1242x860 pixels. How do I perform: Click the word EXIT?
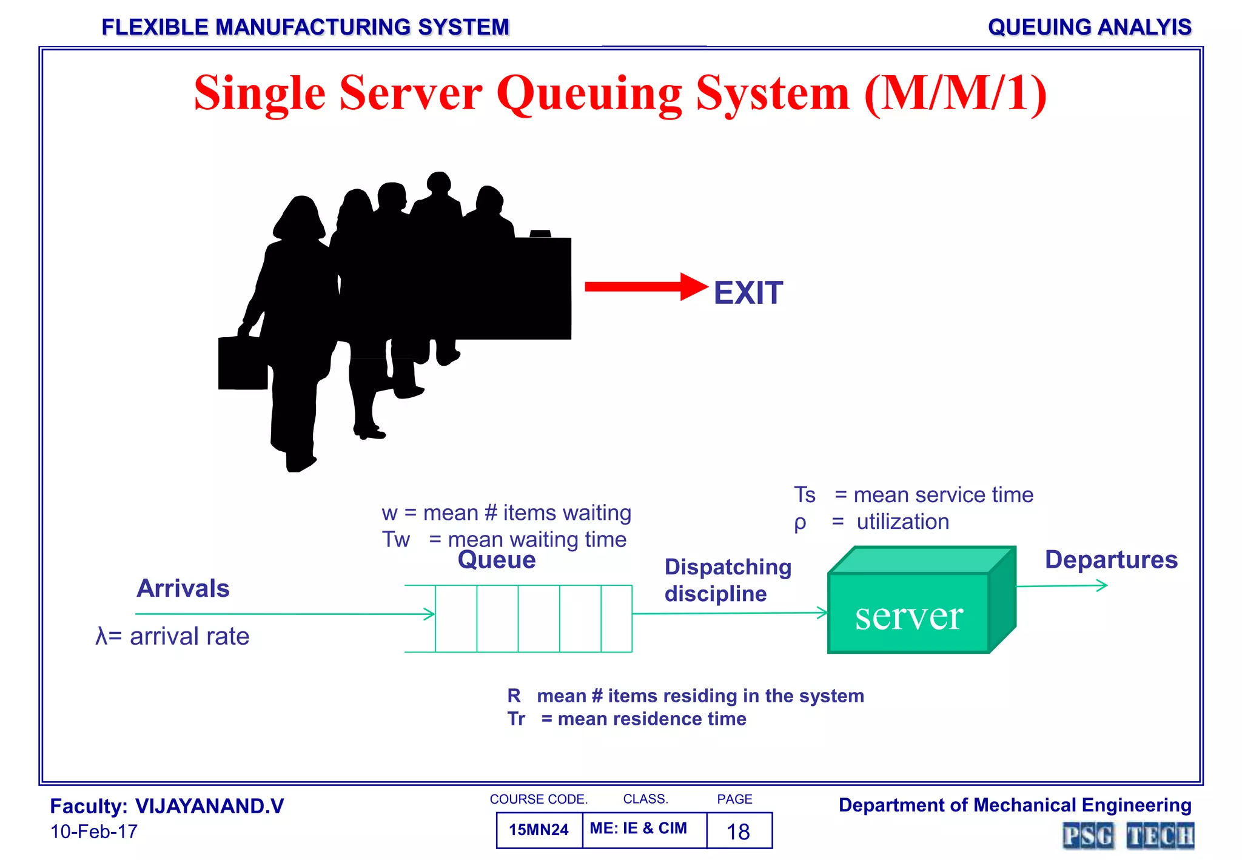click(x=748, y=294)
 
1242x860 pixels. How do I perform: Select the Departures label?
click(x=1110, y=560)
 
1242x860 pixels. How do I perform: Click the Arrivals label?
click(x=183, y=588)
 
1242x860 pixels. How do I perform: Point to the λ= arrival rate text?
click(x=173, y=636)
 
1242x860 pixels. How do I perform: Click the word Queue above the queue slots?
click(x=497, y=560)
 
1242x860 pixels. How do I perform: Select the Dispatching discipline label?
click(x=727, y=580)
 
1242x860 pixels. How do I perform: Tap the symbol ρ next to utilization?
click(x=800, y=522)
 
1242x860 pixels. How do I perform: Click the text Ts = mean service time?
click(x=913, y=495)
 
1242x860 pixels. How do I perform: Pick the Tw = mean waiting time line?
click(x=504, y=539)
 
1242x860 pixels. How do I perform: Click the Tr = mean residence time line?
click(x=626, y=719)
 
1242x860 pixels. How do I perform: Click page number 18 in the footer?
click(x=738, y=831)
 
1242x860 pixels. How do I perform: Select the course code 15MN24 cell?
click(x=539, y=830)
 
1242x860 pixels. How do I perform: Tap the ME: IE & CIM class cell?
click(x=638, y=828)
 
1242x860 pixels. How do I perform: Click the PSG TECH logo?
click(x=1127, y=836)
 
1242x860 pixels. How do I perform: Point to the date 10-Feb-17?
click(x=94, y=831)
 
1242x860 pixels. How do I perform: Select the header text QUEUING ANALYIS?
click(x=1089, y=27)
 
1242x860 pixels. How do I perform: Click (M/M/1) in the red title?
click(x=955, y=93)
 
